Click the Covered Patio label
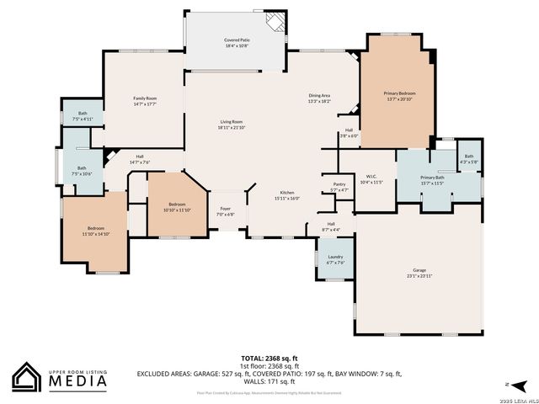tap(235, 42)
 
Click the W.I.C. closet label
tap(371, 178)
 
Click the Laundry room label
tap(335, 259)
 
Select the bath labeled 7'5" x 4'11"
tap(83, 116)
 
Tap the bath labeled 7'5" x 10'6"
tap(82, 171)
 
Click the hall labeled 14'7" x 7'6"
tap(140, 159)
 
